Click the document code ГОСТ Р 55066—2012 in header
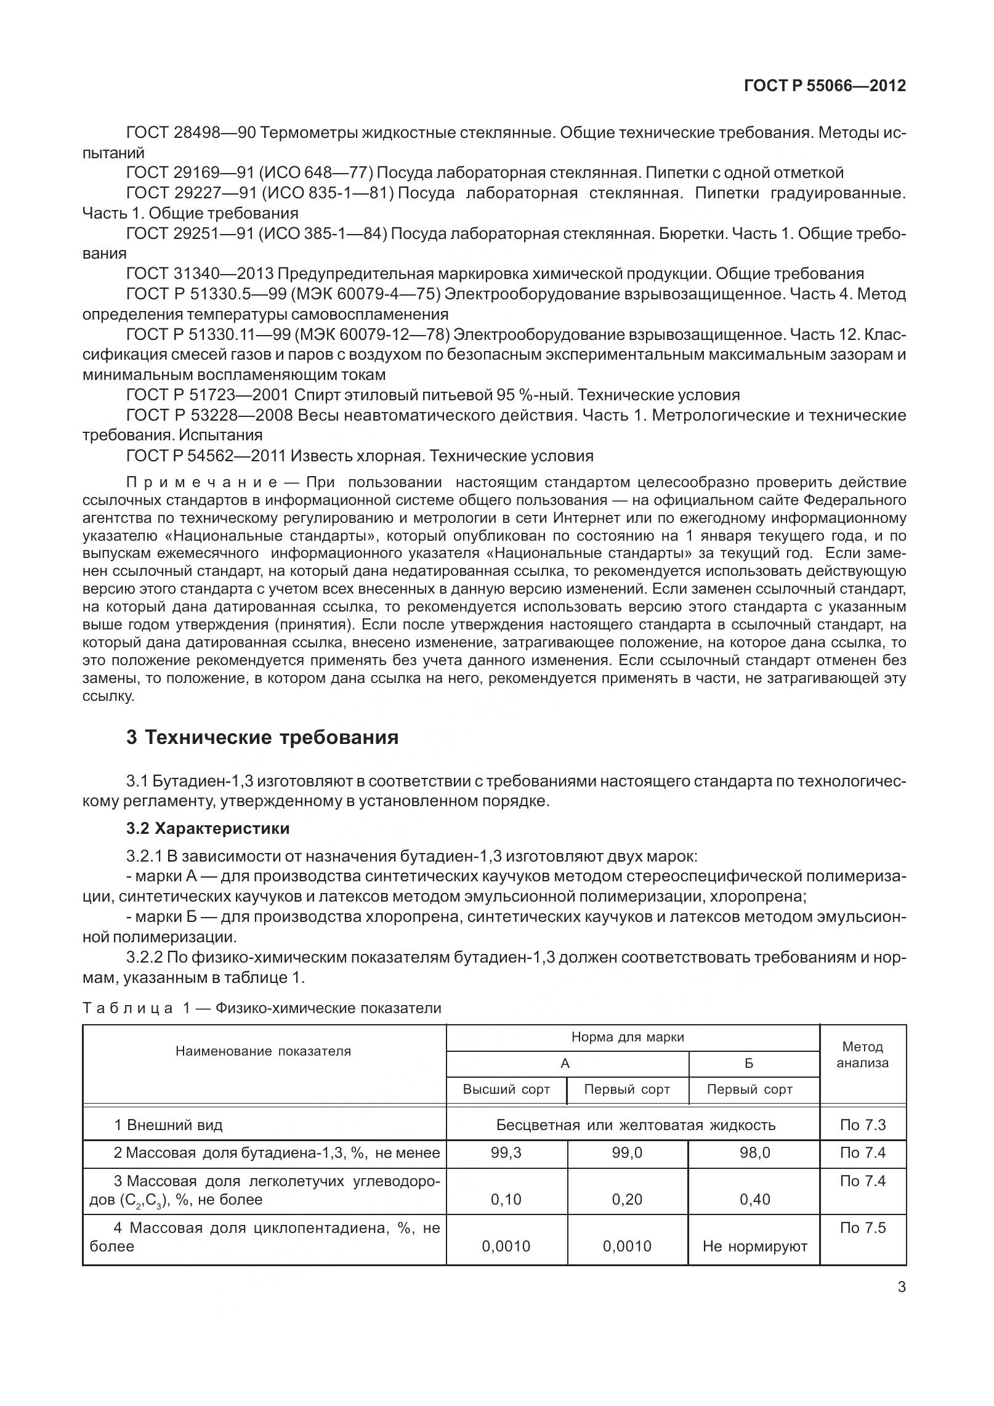(825, 86)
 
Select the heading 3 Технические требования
(262, 737)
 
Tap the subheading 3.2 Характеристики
(208, 828)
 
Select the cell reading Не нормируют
(754, 1247)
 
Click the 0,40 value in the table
(754, 1199)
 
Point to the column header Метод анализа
(862, 1054)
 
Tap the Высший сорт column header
(506, 1089)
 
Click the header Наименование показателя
(263, 1051)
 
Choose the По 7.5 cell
(862, 1227)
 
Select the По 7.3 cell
(862, 1125)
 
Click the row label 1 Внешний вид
(168, 1125)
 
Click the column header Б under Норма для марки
(749, 1064)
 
